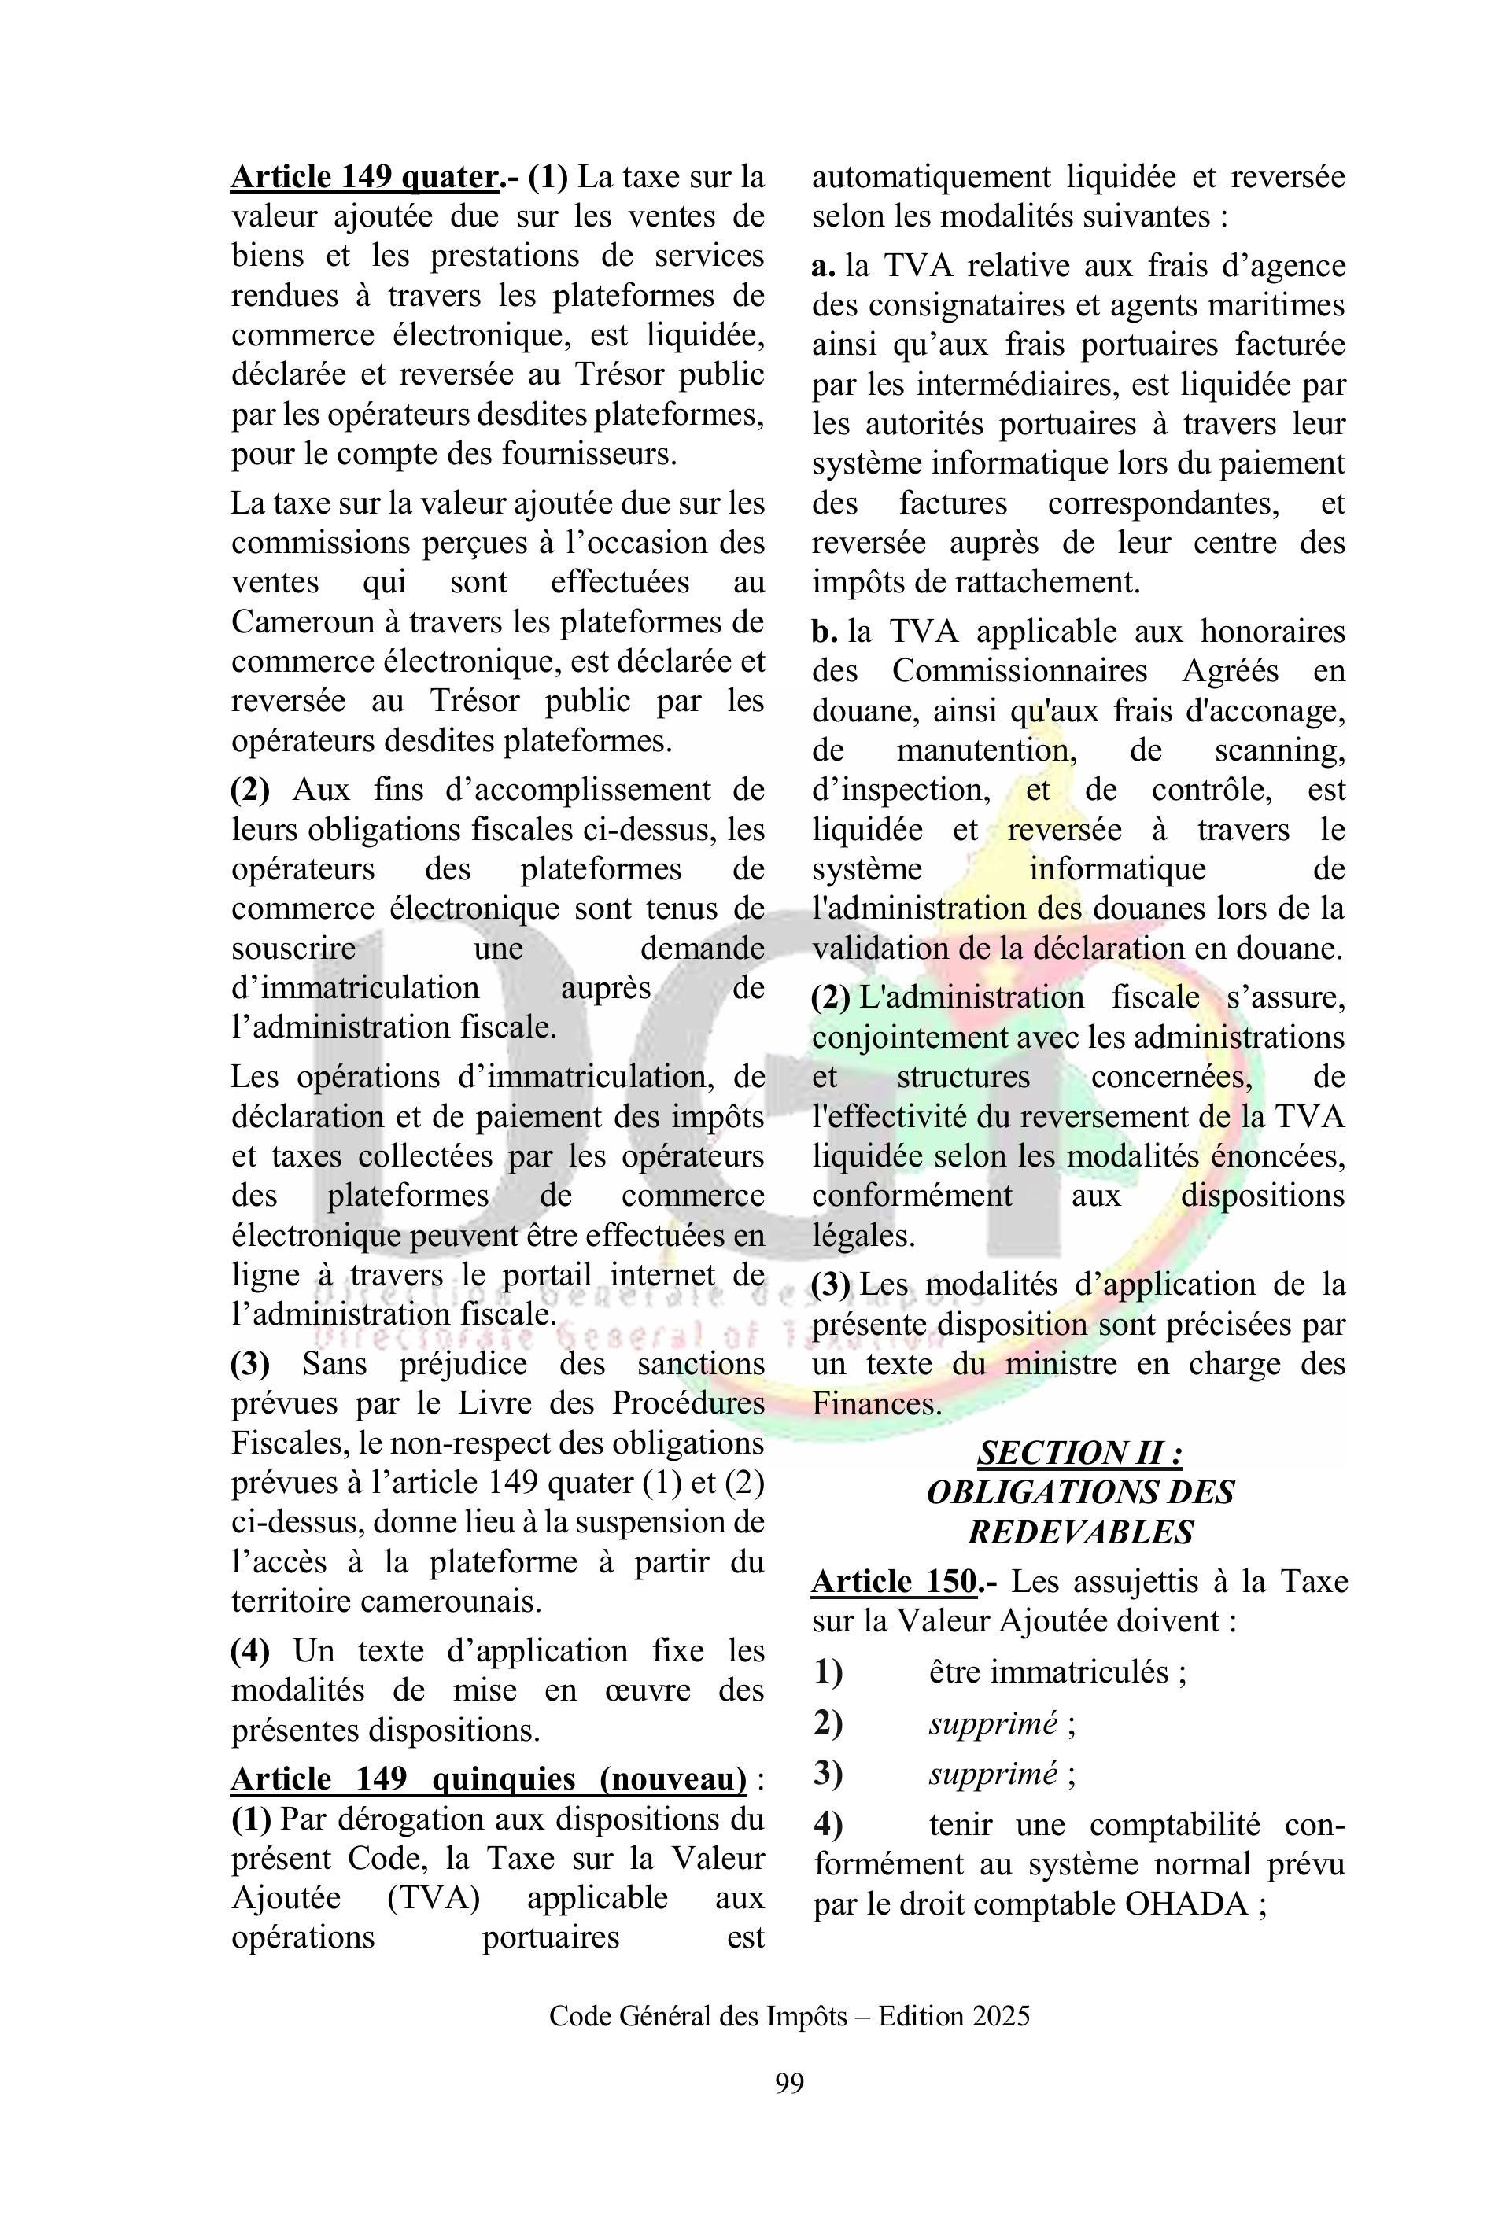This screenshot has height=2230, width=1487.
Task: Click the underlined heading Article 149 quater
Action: [x=365, y=177]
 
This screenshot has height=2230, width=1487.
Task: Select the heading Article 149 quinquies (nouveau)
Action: [x=489, y=1778]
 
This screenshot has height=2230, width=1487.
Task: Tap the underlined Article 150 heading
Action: [x=895, y=1582]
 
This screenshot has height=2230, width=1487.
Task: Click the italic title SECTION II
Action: [x=1080, y=1453]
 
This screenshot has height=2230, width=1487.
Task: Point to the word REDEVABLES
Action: [x=1080, y=1532]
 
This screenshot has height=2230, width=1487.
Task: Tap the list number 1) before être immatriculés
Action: [x=828, y=1672]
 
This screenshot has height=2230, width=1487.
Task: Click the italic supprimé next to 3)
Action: [x=993, y=1774]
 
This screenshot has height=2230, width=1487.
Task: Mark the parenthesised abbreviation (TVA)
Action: [x=433, y=1898]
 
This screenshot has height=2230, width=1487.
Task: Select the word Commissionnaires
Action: [x=1020, y=671]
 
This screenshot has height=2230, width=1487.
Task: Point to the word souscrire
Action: [x=294, y=948]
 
